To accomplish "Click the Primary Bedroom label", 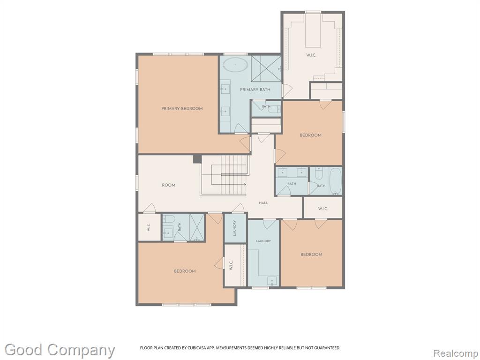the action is (x=182, y=108).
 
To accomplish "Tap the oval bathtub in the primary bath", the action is (x=235, y=65).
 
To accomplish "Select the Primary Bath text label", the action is (x=255, y=90).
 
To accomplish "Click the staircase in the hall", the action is (x=225, y=175).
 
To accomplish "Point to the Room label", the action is (x=168, y=185).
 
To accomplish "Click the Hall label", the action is (x=263, y=202).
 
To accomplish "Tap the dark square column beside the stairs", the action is (x=197, y=159).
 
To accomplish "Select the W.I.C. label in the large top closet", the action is (x=311, y=55).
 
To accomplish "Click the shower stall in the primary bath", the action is (x=266, y=68).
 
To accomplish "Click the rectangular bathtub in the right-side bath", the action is (x=336, y=181).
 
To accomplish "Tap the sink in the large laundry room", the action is (x=272, y=281).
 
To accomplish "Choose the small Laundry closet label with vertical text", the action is (x=235, y=228).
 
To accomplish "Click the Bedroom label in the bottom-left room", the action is (x=185, y=271).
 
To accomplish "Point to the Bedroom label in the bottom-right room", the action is (x=311, y=255).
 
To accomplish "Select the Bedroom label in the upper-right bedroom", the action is (x=310, y=135).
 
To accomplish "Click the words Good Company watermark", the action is (x=60, y=350).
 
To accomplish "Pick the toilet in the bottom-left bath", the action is (x=168, y=218).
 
